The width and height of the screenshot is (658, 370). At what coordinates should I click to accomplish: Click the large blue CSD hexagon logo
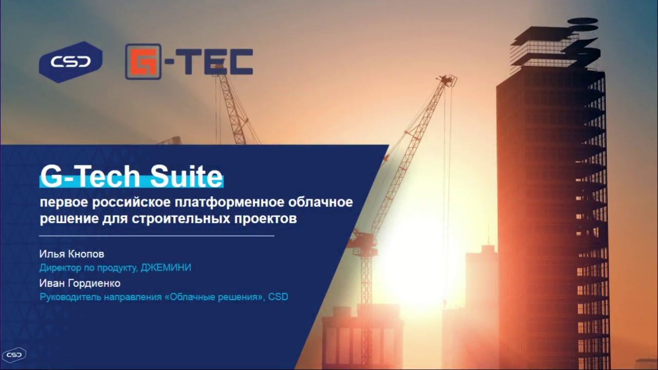tap(70, 62)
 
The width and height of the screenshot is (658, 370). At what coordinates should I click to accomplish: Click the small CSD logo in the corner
tap(14, 355)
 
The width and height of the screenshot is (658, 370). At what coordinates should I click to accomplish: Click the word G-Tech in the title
tap(89, 177)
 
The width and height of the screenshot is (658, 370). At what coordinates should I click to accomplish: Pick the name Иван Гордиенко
tap(80, 283)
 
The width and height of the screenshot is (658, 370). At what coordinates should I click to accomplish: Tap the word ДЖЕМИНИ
tap(167, 267)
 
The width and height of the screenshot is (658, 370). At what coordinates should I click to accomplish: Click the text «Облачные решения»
tap(214, 297)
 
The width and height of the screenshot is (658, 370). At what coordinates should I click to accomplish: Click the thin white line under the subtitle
tap(157, 235)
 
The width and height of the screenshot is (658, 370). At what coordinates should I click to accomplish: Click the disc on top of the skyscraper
tap(582, 21)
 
